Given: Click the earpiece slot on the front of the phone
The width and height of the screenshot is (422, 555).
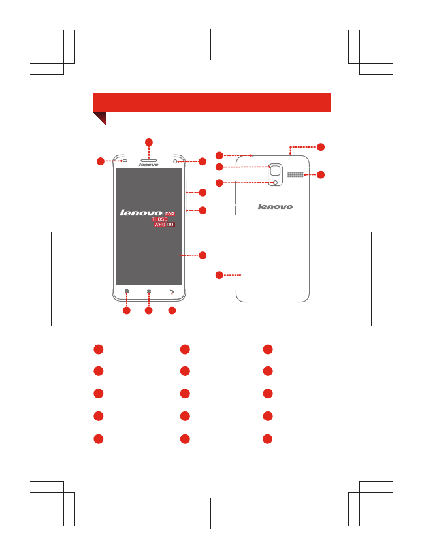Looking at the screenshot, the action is click(x=149, y=159).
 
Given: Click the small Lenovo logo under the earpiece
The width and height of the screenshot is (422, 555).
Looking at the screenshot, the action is click(x=149, y=165).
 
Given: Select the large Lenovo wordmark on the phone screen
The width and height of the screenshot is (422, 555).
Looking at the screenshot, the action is click(x=140, y=213).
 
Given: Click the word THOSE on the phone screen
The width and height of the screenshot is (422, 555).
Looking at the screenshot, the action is click(x=159, y=219).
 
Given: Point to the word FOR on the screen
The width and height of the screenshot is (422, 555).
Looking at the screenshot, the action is click(x=169, y=214).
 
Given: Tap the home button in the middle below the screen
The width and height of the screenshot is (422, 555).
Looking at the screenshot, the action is click(x=149, y=293).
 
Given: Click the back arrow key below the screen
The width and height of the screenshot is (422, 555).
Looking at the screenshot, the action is click(x=172, y=293).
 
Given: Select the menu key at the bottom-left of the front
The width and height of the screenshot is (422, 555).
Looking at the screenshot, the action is click(x=127, y=293).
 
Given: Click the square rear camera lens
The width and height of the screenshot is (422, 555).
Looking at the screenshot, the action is click(x=277, y=171).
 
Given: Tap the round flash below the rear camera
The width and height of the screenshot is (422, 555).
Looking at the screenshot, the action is click(x=276, y=182).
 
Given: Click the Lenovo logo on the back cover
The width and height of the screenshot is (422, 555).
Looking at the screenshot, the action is click(x=274, y=206).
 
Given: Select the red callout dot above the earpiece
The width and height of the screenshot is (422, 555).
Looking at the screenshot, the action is click(x=149, y=142).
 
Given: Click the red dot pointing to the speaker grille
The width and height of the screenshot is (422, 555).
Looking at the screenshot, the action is click(x=321, y=175).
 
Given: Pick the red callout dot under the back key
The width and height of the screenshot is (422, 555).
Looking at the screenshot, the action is click(x=172, y=312).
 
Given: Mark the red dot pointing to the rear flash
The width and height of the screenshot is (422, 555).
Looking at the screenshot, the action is click(x=219, y=183).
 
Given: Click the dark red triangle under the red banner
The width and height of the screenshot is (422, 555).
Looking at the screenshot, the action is click(x=99, y=118).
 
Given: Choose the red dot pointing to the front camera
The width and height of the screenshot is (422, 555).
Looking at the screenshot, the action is click(x=203, y=161).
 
